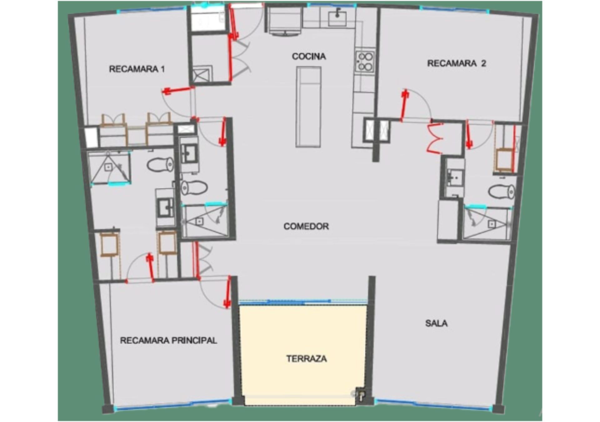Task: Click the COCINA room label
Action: point(309,56)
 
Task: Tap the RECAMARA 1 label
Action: point(137,69)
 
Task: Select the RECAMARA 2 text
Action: point(457,63)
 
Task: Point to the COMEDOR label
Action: point(306,226)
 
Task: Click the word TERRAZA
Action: point(307,359)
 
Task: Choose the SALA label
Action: point(436,323)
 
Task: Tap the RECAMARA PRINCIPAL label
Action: point(168,340)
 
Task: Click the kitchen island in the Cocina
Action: point(308,107)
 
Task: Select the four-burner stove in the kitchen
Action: point(365,61)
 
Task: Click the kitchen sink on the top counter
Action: point(337,17)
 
